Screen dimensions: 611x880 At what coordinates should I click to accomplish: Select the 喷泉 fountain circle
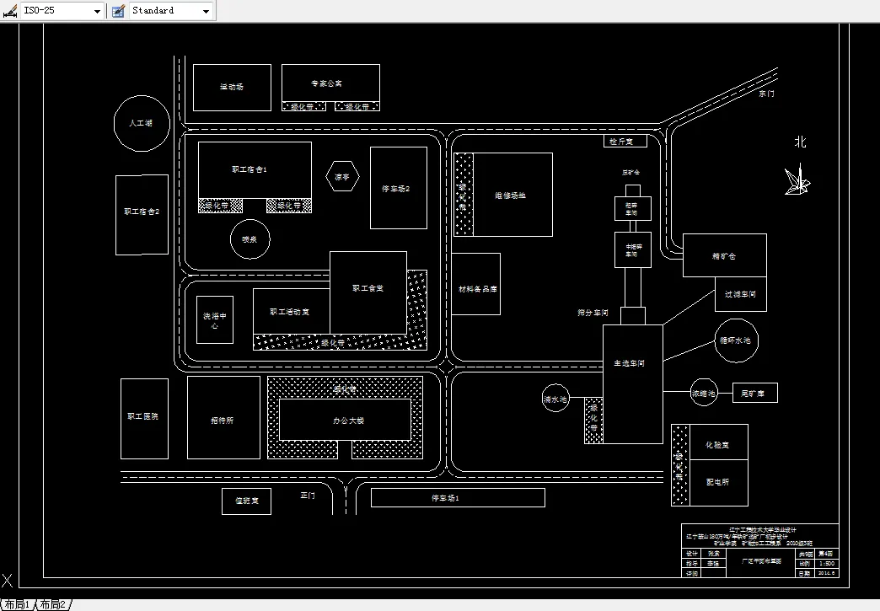coord(250,239)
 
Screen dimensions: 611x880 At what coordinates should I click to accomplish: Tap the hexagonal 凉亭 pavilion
coord(342,177)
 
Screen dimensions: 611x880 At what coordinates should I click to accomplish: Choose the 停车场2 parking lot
coord(398,188)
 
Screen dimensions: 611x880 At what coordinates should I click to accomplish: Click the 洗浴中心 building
coord(215,320)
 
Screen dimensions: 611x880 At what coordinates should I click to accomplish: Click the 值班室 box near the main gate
coord(246,501)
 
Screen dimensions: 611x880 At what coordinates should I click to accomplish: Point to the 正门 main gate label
coord(308,496)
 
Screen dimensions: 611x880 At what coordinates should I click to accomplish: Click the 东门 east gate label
coord(765,94)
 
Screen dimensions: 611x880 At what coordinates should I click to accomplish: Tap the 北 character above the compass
coord(800,142)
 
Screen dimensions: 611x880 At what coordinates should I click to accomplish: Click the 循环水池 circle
coord(738,340)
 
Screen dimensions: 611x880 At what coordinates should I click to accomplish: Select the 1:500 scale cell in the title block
coord(828,563)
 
